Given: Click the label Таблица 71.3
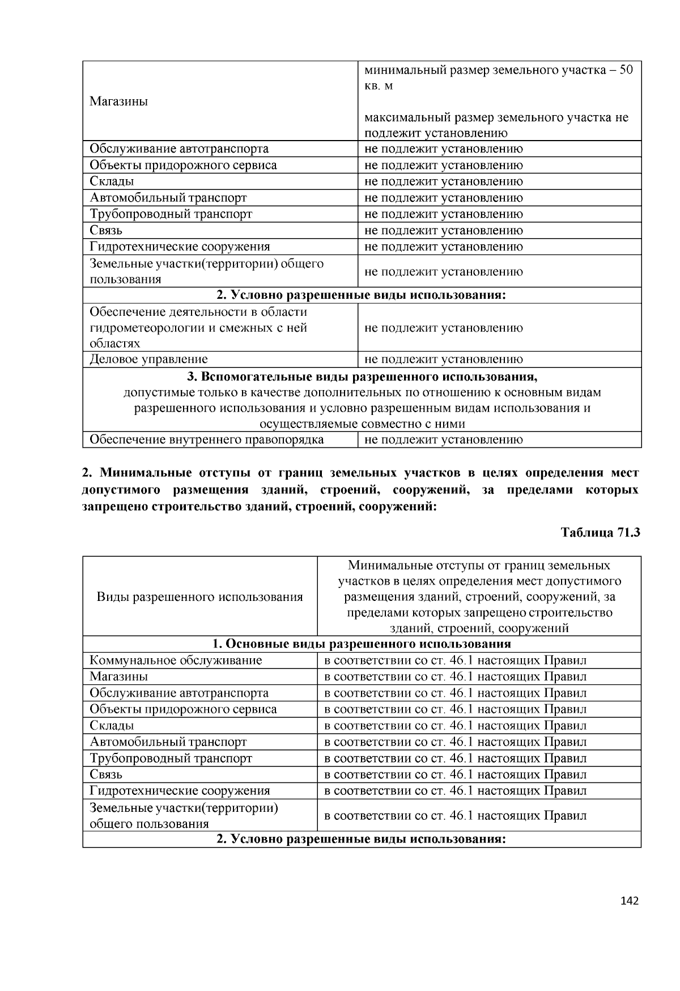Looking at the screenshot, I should click(x=600, y=533).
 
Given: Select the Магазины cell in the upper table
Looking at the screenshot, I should click(x=119, y=102).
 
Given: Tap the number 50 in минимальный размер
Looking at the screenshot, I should click(x=626, y=70).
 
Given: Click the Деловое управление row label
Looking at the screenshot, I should click(x=148, y=359).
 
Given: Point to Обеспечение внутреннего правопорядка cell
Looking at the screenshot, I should click(x=207, y=440).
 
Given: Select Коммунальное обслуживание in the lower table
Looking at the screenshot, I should click(x=176, y=660).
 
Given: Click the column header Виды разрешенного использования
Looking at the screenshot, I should click(x=199, y=597).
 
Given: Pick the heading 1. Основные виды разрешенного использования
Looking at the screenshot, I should click(x=362, y=644).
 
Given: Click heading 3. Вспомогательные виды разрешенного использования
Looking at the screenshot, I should click(x=362, y=377).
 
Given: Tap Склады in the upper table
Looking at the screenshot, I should click(x=112, y=181).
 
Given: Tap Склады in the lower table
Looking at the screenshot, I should click(x=112, y=726).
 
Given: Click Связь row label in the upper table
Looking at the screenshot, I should click(x=106, y=231).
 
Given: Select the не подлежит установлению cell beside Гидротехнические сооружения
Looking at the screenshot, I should click(x=443, y=247).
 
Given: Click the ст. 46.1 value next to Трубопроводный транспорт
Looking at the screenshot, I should click(x=455, y=759).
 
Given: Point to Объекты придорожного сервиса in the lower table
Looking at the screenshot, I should click(x=183, y=709).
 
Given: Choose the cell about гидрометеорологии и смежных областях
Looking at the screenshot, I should click(x=198, y=328).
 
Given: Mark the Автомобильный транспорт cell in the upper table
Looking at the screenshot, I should click(x=168, y=198).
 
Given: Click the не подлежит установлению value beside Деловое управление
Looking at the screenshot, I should click(x=443, y=359).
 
